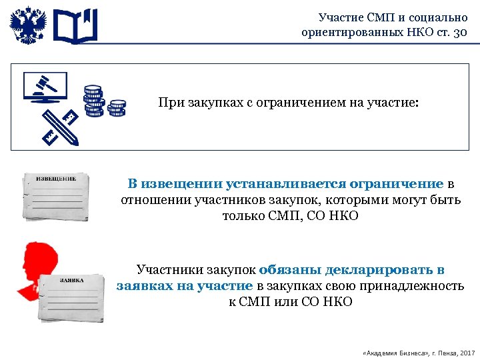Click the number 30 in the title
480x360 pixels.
pos(460,32)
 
